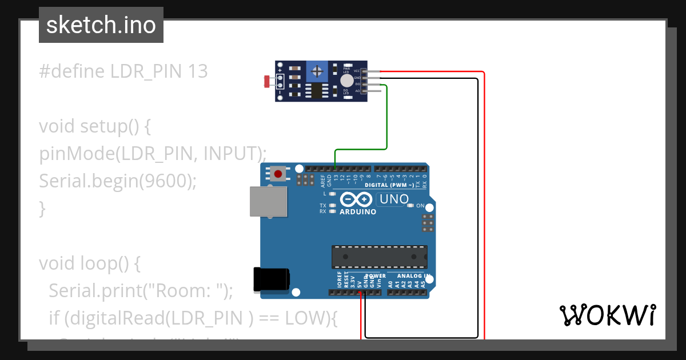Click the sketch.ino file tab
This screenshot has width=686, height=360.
[101, 25]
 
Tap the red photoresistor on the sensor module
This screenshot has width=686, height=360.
[266, 82]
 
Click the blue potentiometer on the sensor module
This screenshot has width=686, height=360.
[316, 71]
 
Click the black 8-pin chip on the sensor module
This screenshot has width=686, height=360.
[314, 91]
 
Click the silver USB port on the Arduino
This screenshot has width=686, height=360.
[268, 202]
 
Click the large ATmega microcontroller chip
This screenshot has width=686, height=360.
[379, 257]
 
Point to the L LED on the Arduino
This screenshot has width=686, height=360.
[332, 194]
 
